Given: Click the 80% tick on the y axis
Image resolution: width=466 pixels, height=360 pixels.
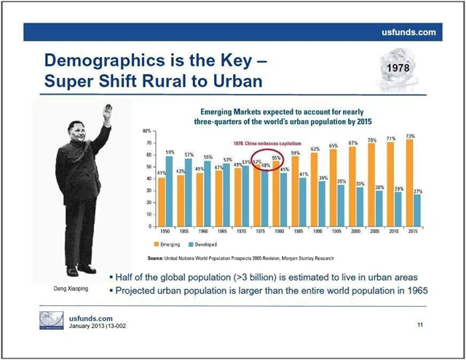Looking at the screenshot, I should point(148,130).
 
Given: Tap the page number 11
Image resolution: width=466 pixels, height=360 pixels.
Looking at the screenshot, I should point(419,324).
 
